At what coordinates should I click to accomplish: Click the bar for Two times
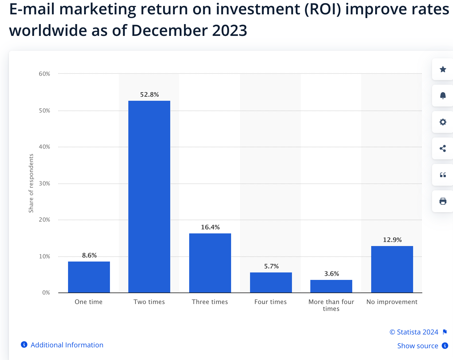(x=149, y=197)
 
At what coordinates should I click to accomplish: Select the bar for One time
(x=89, y=277)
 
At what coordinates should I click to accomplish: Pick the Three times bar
(x=210, y=263)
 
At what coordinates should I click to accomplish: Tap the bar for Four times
(x=271, y=282)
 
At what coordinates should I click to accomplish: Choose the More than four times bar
(x=331, y=286)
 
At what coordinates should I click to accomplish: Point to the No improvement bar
(x=392, y=269)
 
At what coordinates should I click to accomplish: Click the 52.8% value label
(x=149, y=95)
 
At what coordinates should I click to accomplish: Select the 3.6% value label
(x=332, y=274)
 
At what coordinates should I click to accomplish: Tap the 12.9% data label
(x=392, y=240)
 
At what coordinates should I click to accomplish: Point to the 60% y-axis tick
(x=44, y=74)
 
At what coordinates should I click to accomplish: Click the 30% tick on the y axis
(x=44, y=184)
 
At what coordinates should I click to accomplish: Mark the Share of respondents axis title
(x=31, y=183)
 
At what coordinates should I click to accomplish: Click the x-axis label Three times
(x=210, y=302)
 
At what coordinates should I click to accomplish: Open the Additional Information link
(x=67, y=345)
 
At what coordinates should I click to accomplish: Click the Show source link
(x=418, y=346)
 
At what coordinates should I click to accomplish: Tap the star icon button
(x=443, y=69)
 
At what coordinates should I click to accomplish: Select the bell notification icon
(x=443, y=96)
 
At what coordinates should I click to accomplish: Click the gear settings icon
(x=443, y=122)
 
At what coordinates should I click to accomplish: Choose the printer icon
(x=443, y=201)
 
